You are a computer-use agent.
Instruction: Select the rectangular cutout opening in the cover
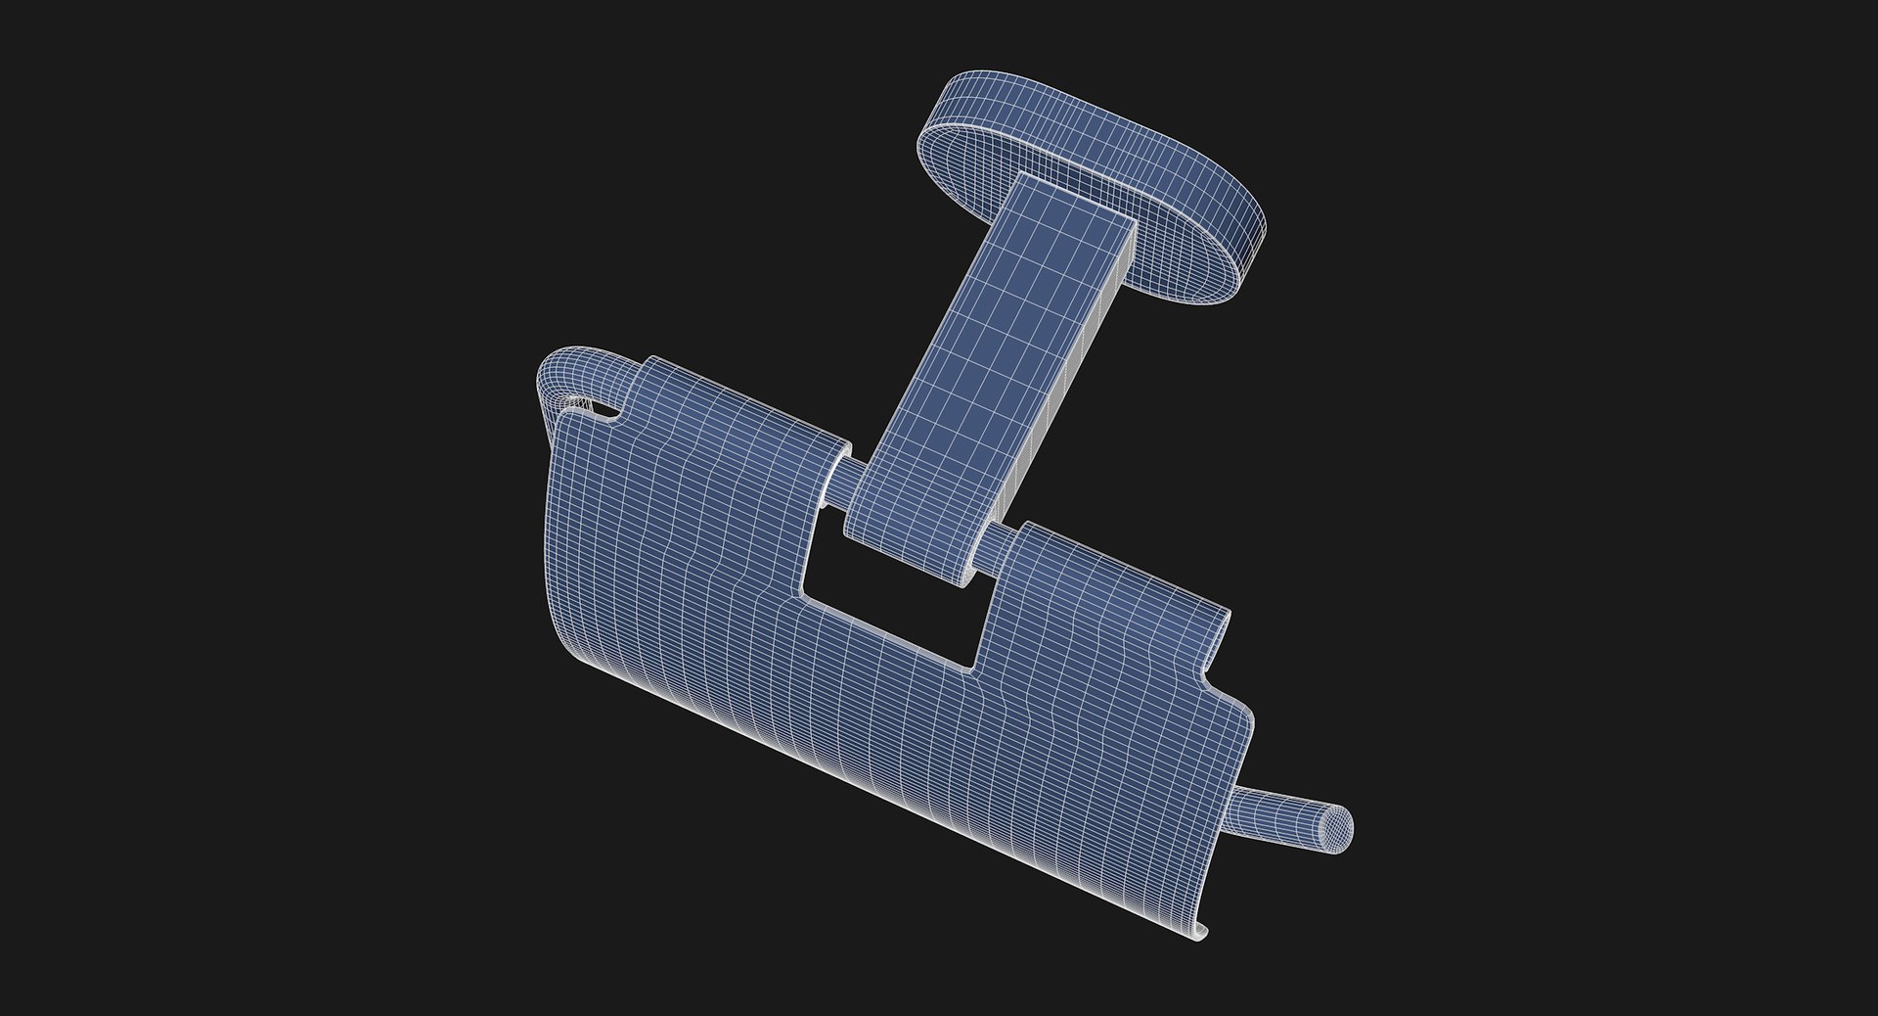[895, 607]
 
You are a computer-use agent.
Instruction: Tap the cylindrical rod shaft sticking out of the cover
[1281, 817]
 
